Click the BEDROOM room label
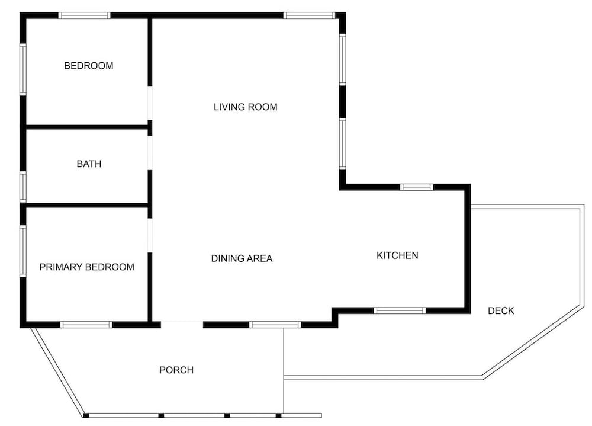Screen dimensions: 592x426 [89, 66]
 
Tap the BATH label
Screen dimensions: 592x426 [89, 164]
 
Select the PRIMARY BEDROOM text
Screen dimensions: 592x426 [87, 267]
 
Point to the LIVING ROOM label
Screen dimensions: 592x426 [246, 107]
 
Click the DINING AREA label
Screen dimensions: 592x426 [242, 258]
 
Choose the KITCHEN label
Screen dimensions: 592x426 [397, 255]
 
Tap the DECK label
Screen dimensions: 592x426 [501, 310]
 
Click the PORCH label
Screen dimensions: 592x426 [176, 370]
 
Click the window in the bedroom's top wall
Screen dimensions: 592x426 [84, 15]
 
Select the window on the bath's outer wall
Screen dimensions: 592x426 [23, 187]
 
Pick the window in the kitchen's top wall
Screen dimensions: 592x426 [417, 187]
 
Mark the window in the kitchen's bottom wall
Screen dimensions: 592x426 [400, 310]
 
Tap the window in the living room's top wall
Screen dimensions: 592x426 [310, 15]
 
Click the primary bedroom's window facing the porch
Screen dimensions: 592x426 [86, 325]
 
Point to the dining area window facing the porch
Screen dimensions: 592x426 [275, 325]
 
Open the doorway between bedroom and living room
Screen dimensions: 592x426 [150, 103]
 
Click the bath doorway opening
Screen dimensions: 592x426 [150, 153]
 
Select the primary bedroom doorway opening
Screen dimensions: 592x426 [150, 235]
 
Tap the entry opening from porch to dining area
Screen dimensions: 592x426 [182, 325]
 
